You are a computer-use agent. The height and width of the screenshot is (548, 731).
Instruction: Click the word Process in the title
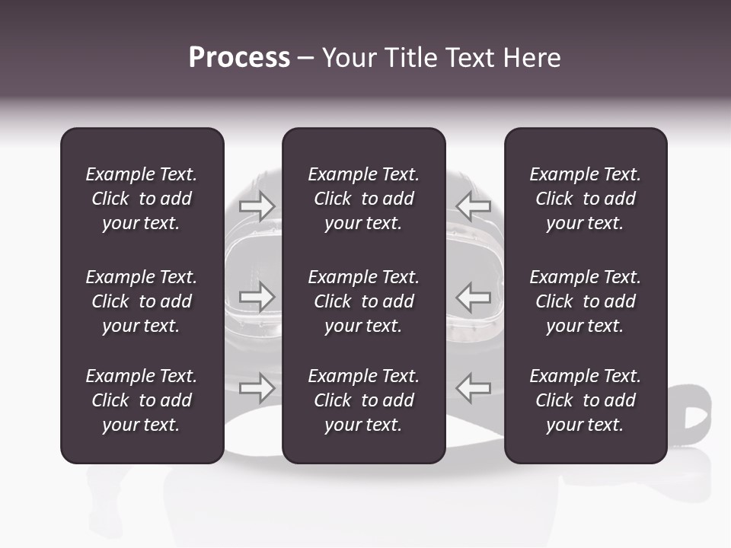239,58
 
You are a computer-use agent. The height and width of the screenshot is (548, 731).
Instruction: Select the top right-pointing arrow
257,206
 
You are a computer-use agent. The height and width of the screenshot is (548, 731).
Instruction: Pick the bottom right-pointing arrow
257,388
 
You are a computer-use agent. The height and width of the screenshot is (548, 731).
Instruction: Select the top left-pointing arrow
474,206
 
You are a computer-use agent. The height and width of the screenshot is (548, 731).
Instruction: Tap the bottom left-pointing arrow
474,388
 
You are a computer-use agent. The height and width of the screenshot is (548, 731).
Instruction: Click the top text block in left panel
142,199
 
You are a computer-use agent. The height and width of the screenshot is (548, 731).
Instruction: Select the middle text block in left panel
142,301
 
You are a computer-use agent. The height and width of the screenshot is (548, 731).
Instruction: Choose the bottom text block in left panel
142,400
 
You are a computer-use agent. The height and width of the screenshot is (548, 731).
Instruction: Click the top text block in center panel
363,199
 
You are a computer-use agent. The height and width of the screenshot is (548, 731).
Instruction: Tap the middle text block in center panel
363,301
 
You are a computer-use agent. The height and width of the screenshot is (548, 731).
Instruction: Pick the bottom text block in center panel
363,400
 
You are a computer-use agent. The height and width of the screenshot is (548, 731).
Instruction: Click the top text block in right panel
585,199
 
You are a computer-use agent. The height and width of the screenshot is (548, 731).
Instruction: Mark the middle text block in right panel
585,301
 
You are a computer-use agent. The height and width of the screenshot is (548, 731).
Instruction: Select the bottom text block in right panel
585,400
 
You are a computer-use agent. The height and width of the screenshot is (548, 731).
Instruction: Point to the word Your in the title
346,58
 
